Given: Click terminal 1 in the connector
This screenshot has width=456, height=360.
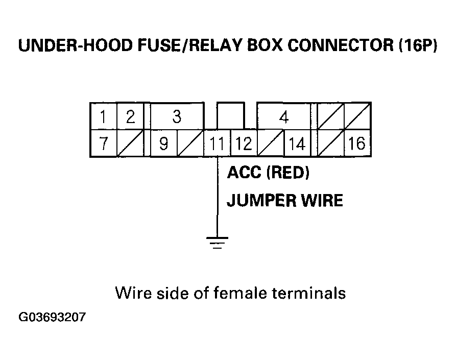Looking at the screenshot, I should [104, 117].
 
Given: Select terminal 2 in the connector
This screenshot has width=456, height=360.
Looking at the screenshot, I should [130, 117].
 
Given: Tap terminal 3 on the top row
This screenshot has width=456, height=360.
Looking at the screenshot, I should [176, 117].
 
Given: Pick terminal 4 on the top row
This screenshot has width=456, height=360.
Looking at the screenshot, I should [284, 117].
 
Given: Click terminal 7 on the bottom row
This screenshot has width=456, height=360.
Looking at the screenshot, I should [104, 143].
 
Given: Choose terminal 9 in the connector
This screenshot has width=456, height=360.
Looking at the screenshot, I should [163, 143].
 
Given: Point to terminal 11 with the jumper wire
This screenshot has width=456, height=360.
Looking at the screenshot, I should [217, 143].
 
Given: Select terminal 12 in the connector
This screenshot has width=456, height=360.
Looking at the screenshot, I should [244, 143].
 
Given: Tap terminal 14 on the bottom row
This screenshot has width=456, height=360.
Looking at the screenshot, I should [297, 143].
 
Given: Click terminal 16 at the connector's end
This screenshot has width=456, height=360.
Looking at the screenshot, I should [356, 143].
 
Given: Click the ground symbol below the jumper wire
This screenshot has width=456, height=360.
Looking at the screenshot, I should [218, 242].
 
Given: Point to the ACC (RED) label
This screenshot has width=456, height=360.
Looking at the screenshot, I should [268, 173].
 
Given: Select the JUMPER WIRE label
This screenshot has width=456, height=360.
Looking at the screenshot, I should [284, 200].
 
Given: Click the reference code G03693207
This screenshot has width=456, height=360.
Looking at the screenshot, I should [52, 318].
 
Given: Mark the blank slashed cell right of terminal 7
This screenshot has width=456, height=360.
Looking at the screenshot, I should [130, 143].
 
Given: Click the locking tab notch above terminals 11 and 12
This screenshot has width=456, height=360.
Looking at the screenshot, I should [230, 116].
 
